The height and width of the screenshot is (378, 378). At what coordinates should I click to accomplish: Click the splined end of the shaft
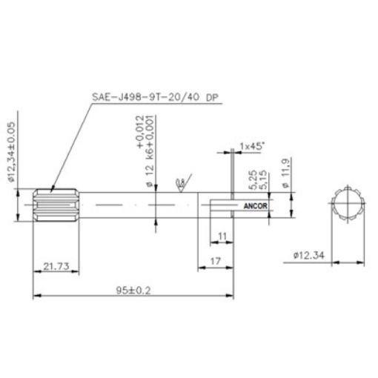56,203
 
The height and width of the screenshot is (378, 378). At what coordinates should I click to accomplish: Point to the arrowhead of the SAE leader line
53,190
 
